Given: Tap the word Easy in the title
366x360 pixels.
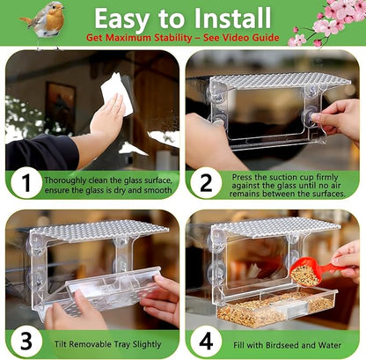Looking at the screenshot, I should pos(128,19).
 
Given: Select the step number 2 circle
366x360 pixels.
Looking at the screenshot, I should pos(205,184).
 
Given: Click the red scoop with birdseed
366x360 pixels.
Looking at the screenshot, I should pos(312,269).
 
